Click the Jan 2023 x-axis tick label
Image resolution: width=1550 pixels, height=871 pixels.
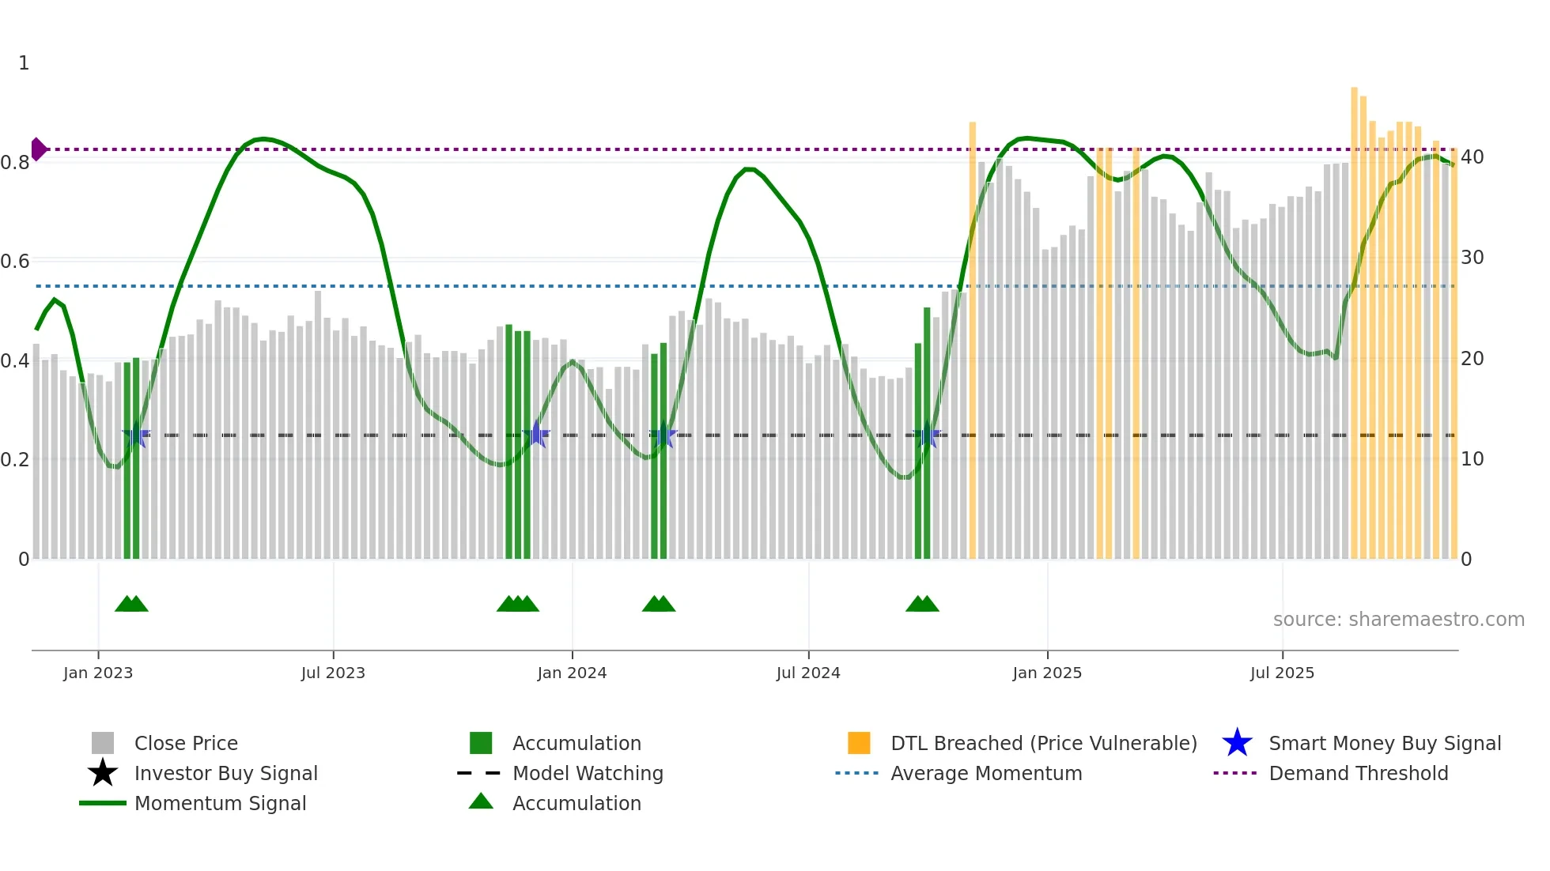click(x=98, y=673)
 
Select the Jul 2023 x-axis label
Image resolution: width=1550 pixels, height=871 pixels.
click(x=333, y=673)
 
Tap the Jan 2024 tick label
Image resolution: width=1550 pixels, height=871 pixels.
click(x=572, y=673)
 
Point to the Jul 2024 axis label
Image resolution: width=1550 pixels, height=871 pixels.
click(x=808, y=673)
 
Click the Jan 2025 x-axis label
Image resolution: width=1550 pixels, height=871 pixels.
click(x=1047, y=673)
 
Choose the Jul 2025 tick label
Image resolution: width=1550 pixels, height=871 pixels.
click(x=1282, y=673)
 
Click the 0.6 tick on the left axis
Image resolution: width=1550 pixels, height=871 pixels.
click(x=15, y=261)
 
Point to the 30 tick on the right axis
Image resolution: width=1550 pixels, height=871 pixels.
click(x=1472, y=258)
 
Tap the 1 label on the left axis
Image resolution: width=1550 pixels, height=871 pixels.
click(x=24, y=63)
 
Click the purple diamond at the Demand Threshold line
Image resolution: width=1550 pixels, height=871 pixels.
click(x=38, y=149)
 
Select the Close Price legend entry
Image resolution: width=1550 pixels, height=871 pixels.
click(x=186, y=743)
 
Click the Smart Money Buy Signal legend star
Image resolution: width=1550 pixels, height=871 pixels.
click(x=1237, y=743)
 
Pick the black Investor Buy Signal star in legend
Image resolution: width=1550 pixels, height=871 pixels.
click(x=103, y=773)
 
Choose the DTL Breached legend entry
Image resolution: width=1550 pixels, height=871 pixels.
click(x=1043, y=743)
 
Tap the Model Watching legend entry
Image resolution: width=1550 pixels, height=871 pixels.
click(x=588, y=773)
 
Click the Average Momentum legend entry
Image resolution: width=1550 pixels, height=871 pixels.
click(x=986, y=773)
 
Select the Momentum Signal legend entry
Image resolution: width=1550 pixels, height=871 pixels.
click(x=220, y=803)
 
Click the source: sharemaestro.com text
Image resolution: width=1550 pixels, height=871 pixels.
click(x=1398, y=620)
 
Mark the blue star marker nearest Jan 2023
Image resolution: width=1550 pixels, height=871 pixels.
click(x=136, y=435)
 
